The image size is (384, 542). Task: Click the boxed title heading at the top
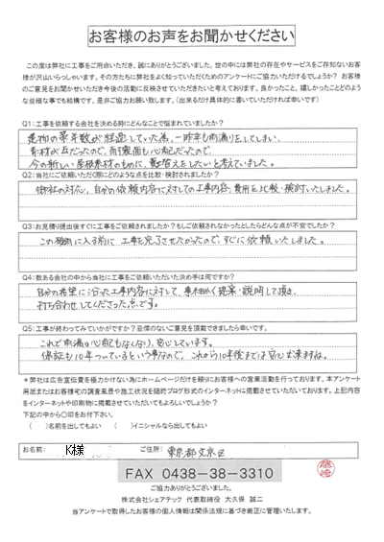click(x=192, y=37)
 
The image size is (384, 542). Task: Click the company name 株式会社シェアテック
click(x=150, y=501)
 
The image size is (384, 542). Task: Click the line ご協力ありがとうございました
click(x=192, y=488)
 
